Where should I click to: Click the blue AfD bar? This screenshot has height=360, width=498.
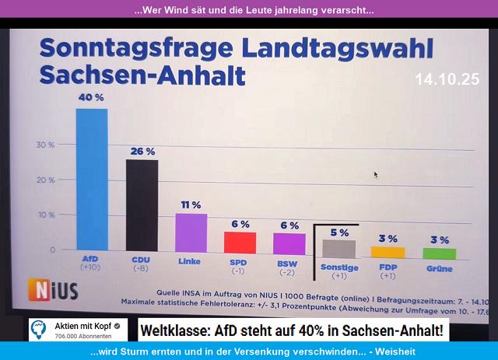point(91,179)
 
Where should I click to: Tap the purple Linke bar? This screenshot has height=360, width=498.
point(191,232)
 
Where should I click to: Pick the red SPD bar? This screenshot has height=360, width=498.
point(240,243)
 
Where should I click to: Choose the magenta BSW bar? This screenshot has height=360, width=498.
point(289,243)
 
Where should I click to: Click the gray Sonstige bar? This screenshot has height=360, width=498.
point(339,248)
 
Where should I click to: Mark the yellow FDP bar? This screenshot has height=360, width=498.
point(388,252)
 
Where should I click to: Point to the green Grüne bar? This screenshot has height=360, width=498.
point(439,253)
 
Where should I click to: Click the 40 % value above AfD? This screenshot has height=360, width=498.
point(92,97)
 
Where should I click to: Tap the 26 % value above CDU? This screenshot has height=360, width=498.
point(142,151)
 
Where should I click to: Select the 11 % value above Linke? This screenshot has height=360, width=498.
point(191,204)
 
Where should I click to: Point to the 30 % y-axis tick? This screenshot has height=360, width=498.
point(46,145)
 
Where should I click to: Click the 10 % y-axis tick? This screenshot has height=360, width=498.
point(46,215)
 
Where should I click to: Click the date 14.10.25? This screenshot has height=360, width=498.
point(447,80)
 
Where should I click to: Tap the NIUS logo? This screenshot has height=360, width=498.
point(53,290)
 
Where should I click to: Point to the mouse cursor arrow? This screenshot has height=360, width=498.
point(375,174)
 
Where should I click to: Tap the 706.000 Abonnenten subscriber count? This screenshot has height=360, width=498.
point(82,337)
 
